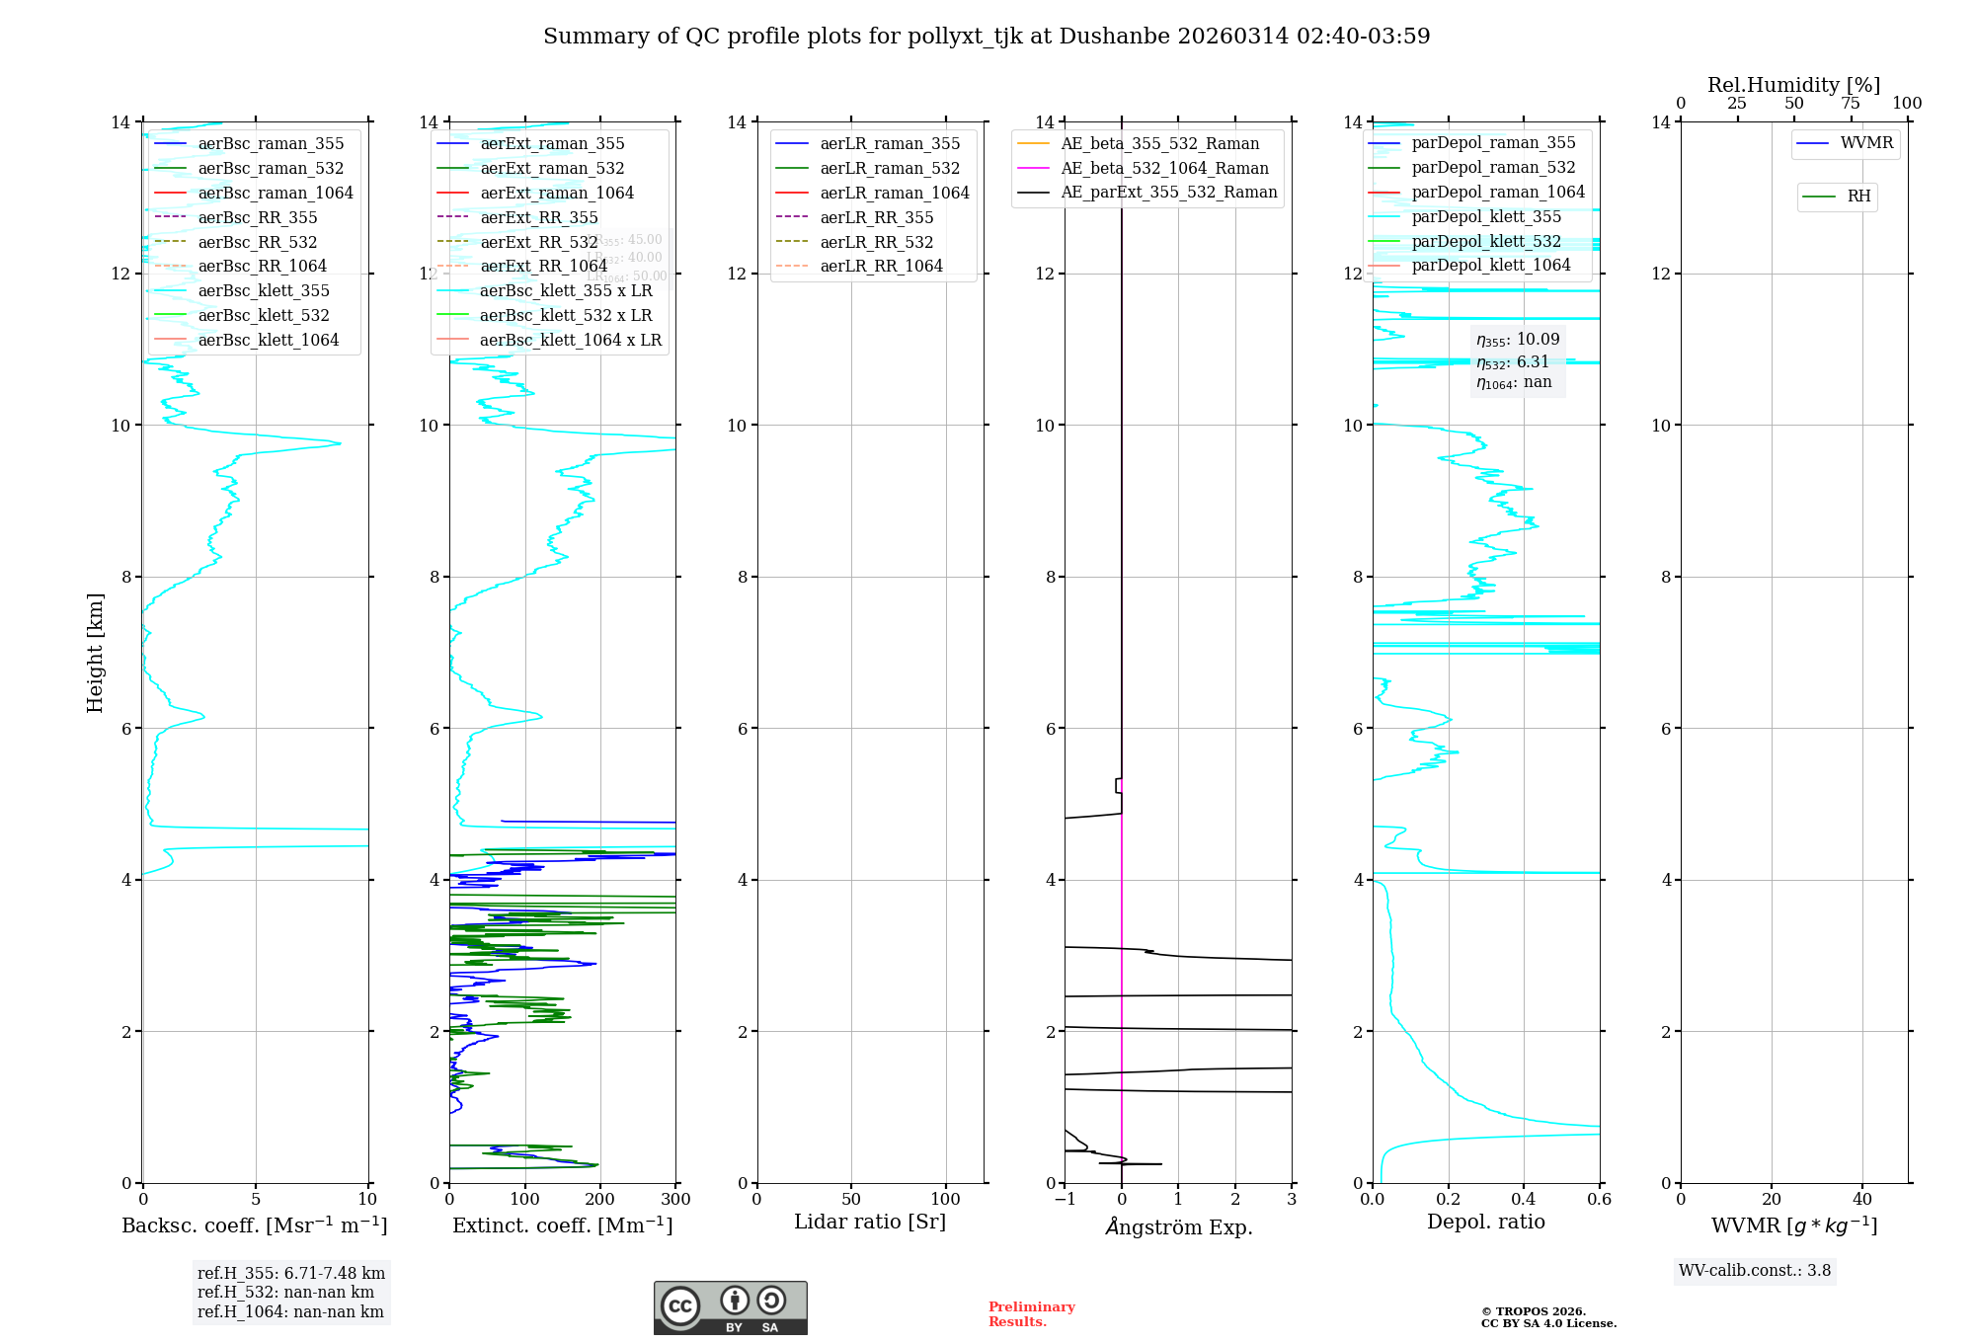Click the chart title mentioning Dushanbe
[987, 37]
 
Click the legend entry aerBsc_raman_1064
[275, 193]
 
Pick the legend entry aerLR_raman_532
[889, 168]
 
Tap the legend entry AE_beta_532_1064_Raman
[1164, 168]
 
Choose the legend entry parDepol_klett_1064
[1490, 265]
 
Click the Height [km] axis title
[95, 652]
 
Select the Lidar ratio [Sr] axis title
[870, 1222]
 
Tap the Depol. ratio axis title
[1485, 1222]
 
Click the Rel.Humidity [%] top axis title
[1793, 85]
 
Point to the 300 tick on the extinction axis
[675, 1200]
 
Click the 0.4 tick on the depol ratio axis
[1524, 1200]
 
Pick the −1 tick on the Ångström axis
[1065, 1200]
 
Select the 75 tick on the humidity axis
[1851, 104]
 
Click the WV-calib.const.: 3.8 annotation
[1754, 1271]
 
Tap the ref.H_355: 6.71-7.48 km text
[290, 1274]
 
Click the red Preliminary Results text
[1031, 1314]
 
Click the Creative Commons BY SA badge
[730, 1307]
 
